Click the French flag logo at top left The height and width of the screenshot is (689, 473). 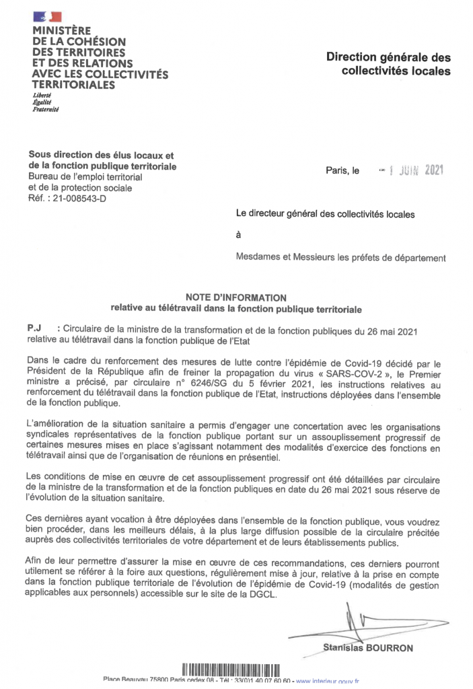[48, 16]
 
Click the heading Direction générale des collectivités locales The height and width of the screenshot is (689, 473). [388, 65]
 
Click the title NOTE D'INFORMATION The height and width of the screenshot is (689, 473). [236, 297]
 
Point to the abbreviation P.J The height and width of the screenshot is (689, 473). [35, 328]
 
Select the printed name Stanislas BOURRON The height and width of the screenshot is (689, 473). [368, 648]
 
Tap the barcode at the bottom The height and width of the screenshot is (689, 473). [230, 669]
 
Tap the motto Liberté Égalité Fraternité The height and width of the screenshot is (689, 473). [46, 102]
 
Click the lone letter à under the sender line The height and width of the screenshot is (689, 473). [238, 235]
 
